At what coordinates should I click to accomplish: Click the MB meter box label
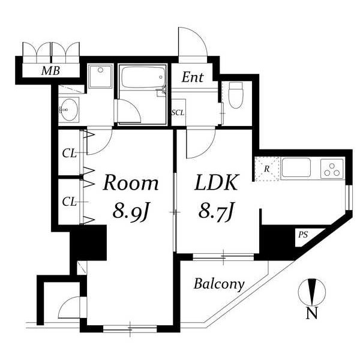(x=51, y=71)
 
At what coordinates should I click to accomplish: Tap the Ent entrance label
(x=193, y=77)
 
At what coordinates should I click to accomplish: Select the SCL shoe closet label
(x=178, y=113)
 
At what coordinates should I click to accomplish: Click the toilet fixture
(x=236, y=95)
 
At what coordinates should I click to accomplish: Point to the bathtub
(x=143, y=77)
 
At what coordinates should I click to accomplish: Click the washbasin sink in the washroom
(x=69, y=110)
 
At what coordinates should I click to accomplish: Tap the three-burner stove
(x=332, y=169)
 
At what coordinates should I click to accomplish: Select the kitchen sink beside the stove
(x=296, y=167)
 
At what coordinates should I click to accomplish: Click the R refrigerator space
(x=267, y=169)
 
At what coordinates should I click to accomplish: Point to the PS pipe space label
(x=303, y=235)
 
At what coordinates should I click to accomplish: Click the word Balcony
(x=219, y=284)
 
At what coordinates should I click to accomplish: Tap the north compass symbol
(x=312, y=292)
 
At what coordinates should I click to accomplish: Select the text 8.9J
(x=131, y=211)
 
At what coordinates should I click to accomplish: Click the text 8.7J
(x=216, y=210)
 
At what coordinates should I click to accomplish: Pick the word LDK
(x=216, y=183)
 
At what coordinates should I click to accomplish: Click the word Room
(x=131, y=183)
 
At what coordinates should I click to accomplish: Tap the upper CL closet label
(x=69, y=153)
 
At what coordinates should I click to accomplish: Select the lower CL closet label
(x=69, y=202)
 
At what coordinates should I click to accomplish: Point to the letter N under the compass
(x=312, y=313)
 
